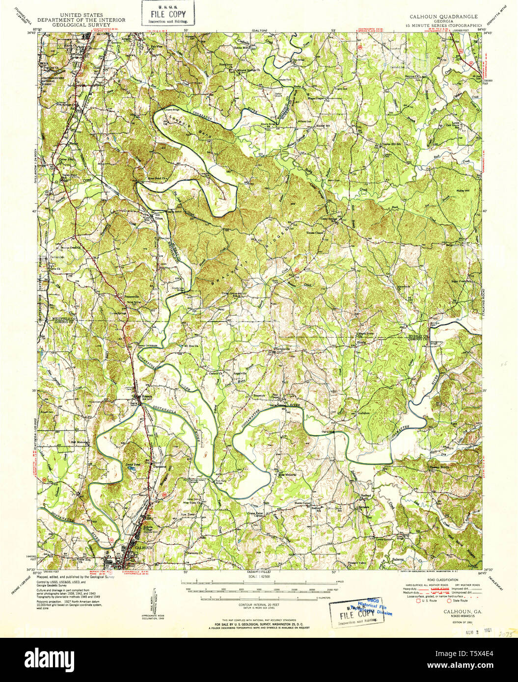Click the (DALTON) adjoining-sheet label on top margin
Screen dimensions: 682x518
(259, 30)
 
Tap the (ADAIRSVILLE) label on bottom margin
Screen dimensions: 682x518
(259, 572)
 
